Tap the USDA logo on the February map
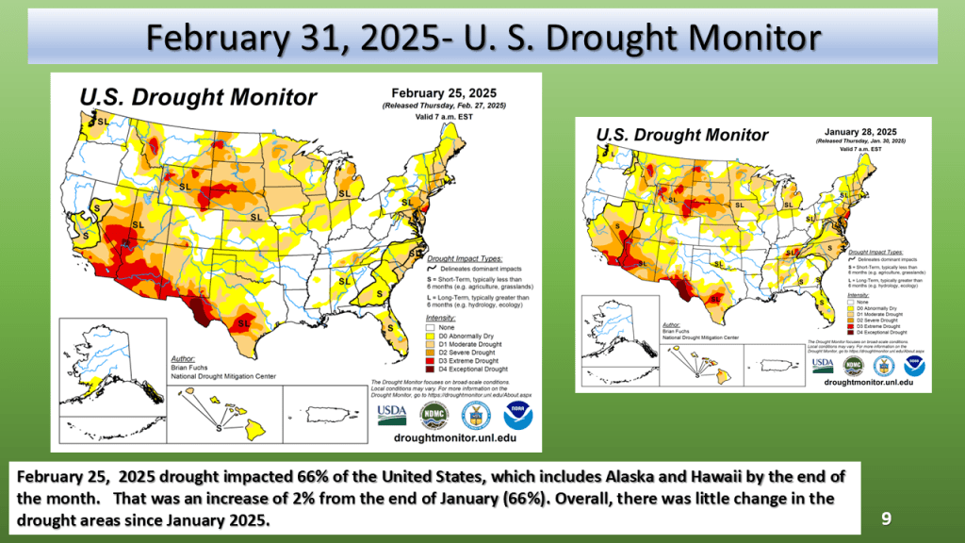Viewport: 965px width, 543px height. point(392,415)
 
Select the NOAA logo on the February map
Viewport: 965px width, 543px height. point(517,415)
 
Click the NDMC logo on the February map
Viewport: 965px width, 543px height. point(433,415)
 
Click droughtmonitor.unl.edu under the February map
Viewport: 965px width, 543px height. point(455,438)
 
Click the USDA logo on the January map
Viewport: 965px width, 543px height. point(822,363)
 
